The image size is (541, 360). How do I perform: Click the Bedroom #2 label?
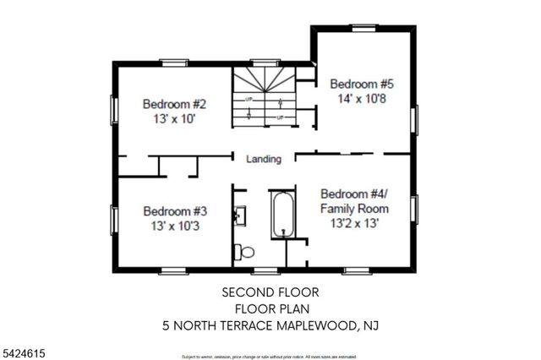tap(175, 105)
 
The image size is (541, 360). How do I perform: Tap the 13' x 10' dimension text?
tap(175, 119)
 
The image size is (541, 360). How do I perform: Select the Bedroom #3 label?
tap(175, 211)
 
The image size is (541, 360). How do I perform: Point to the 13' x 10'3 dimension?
tap(175, 226)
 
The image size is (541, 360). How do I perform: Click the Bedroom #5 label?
tap(362, 84)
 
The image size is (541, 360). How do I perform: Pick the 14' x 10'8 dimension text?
tap(362, 98)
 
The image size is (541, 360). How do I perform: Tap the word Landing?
tap(263, 159)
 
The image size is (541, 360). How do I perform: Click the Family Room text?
tap(354, 209)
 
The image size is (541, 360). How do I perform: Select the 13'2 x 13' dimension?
tap(354, 224)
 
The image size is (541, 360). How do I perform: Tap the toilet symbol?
tap(245, 251)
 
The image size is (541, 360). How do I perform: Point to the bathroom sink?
tap(241, 214)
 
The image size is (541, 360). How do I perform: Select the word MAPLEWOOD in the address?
tap(314, 324)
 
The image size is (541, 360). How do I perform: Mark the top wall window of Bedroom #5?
tap(364, 29)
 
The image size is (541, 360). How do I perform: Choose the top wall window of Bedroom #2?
tap(175, 61)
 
